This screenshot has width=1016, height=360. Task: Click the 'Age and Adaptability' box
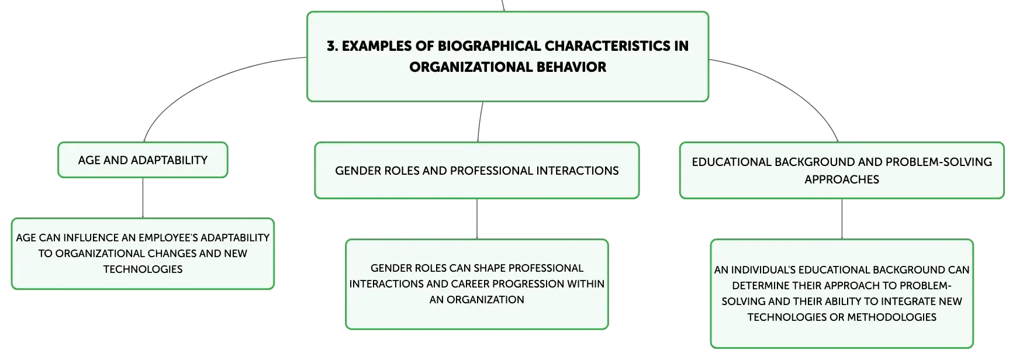pyautogui.click(x=143, y=160)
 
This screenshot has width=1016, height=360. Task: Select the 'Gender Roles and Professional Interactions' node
pyautogui.click(x=477, y=170)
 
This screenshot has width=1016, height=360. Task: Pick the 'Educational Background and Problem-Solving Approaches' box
pyautogui.click(x=842, y=170)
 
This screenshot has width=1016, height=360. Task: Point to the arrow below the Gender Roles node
pyautogui.click(x=477, y=219)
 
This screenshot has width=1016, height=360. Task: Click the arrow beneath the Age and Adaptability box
pyautogui.click(x=143, y=198)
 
